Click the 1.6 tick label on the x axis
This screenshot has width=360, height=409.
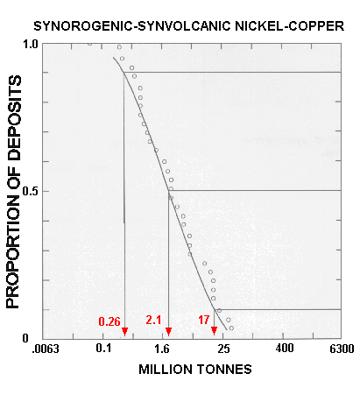(164, 350)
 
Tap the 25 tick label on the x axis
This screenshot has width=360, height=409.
(224, 350)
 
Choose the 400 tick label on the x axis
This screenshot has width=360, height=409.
(284, 350)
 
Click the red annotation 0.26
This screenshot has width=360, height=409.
(109, 321)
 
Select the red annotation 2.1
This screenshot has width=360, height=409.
(152, 321)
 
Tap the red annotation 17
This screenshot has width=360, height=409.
(203, 321)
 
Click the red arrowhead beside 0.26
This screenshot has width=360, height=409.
(125, 331)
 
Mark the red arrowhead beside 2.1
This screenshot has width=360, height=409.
(168, 331)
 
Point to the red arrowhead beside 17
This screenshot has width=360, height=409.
(215, 331)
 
